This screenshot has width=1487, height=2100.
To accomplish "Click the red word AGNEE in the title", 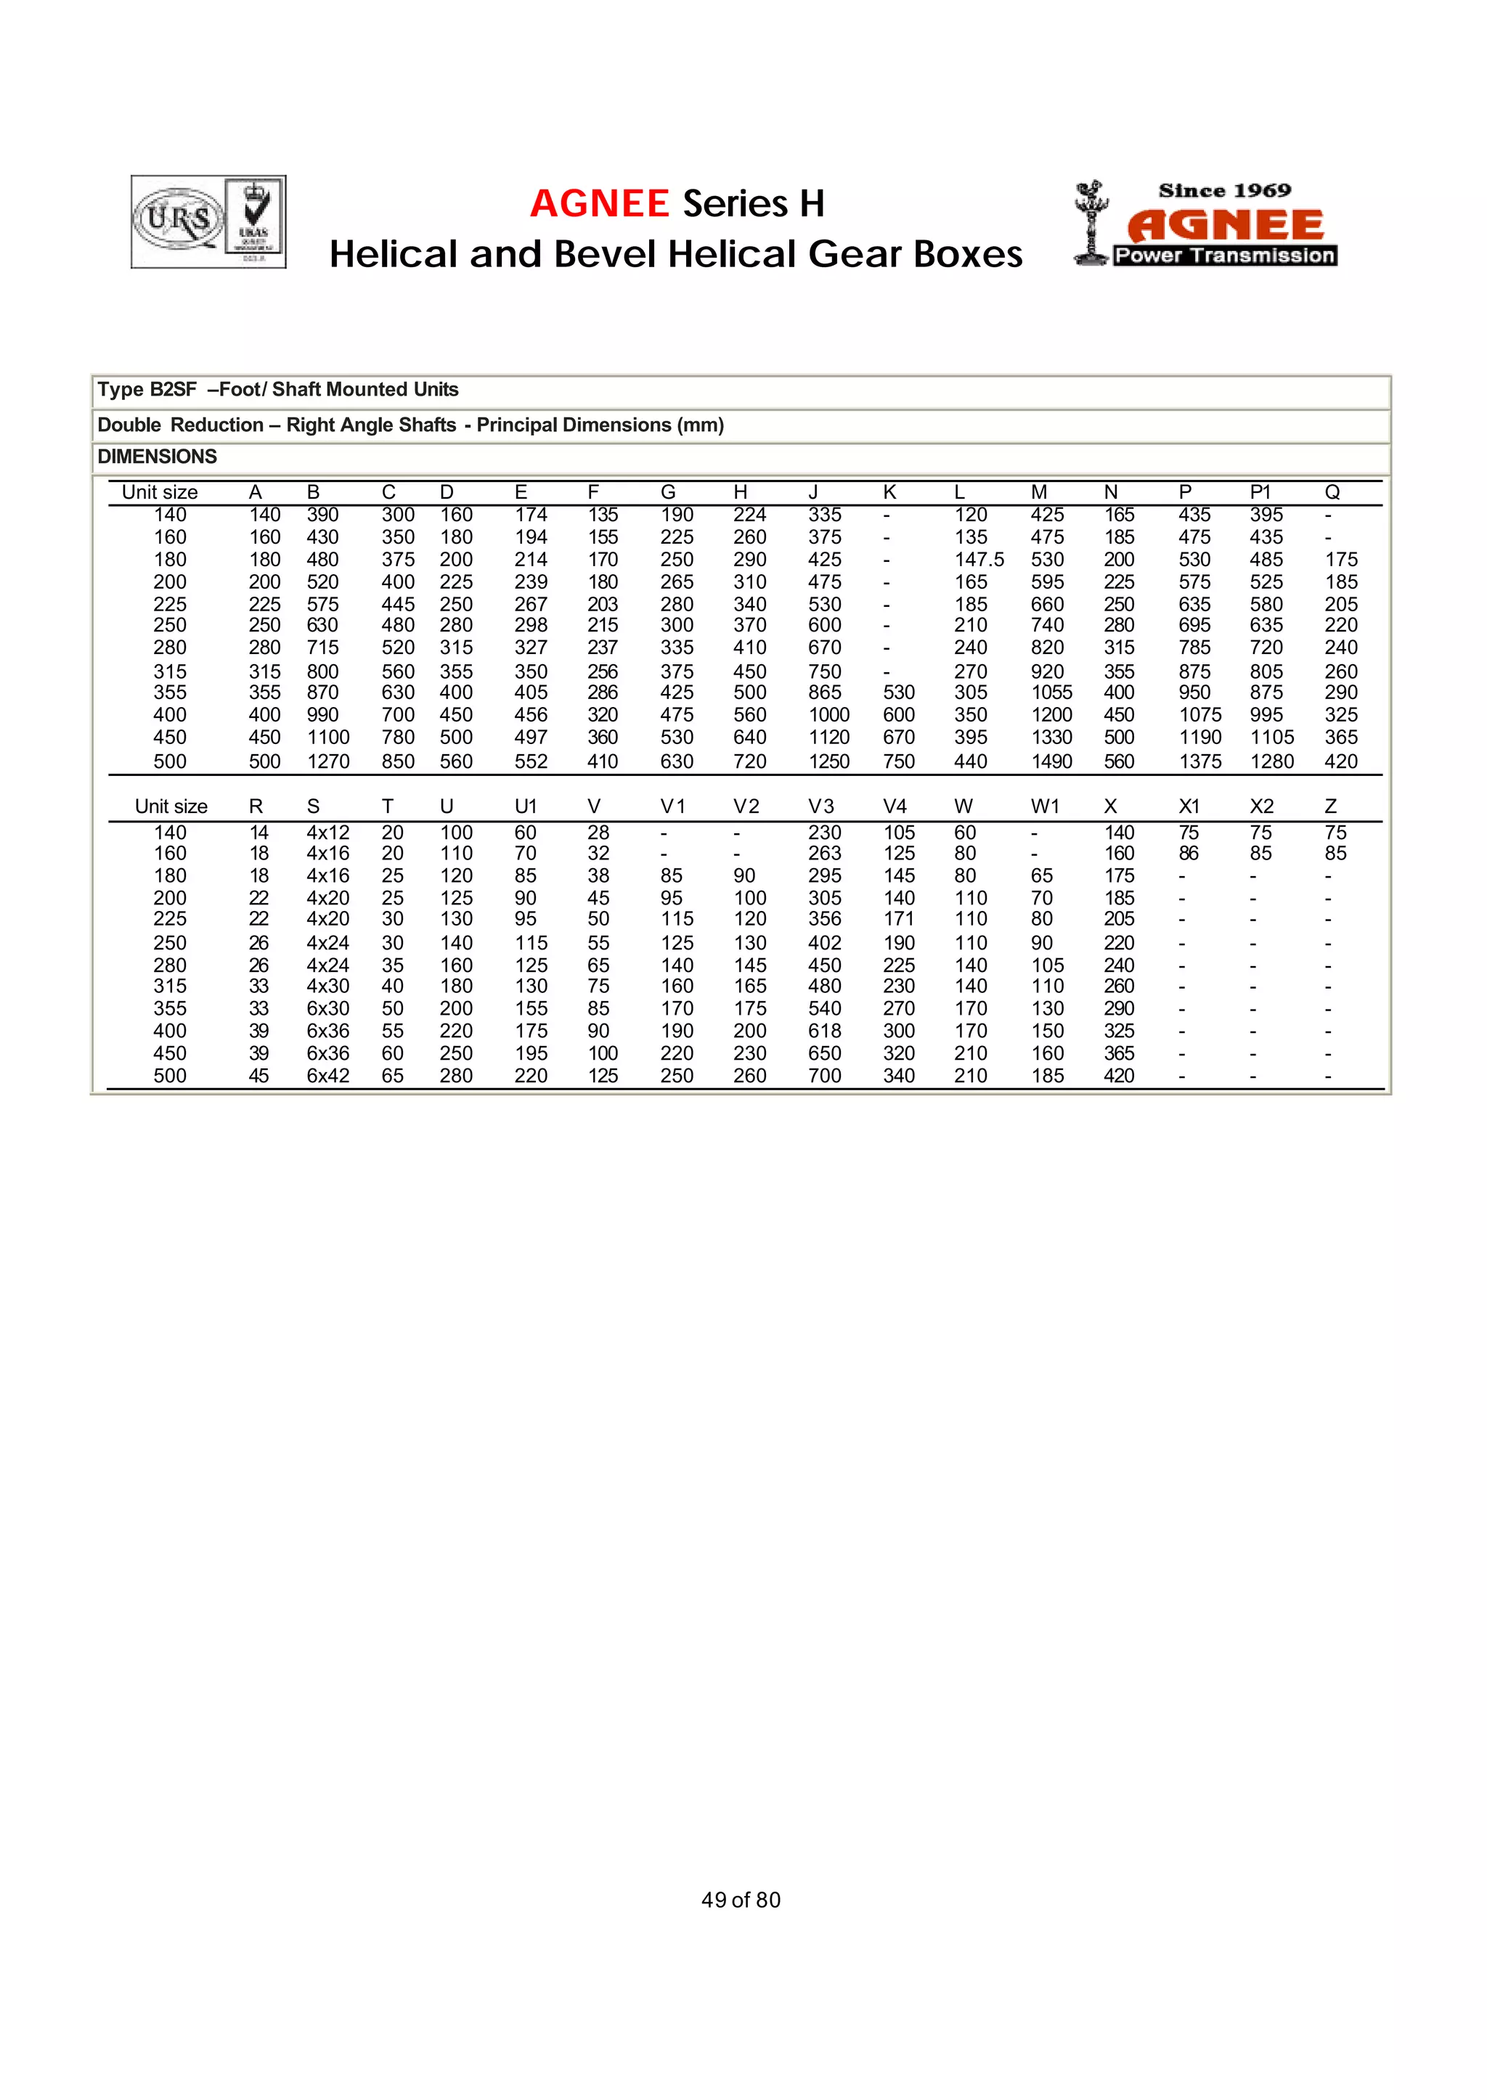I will click(600, 203).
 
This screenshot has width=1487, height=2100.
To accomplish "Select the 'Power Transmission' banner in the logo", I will click(1224, 256).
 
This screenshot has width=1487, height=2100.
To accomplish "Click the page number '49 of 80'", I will click(741, 1900).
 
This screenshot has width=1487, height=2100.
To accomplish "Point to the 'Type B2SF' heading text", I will click(147, 389).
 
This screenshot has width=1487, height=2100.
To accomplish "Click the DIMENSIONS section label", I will click(158, 456).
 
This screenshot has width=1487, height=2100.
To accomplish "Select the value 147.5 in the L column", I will click(979, 560).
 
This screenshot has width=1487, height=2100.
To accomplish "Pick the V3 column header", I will click(820, 806).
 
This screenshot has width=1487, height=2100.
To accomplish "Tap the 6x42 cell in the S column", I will click(327, 1076).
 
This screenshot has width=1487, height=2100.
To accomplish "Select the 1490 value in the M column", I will click(1051, 761).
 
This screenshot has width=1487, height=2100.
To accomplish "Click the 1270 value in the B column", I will click(327, 761).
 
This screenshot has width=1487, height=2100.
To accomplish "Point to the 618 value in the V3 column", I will click(824, 1031).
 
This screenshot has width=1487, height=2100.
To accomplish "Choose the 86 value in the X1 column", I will click(1189, 853).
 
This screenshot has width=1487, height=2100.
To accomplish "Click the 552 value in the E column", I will click(530, 761).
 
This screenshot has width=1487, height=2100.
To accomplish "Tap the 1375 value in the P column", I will click(1199, 761).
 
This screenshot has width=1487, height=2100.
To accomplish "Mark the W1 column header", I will click(1045, 806).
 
